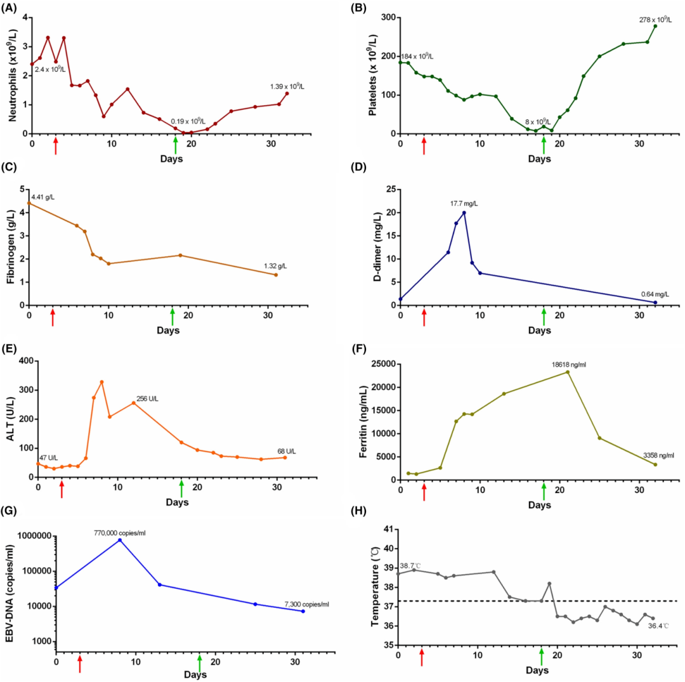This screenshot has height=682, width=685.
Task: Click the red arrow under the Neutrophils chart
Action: coord(56,146)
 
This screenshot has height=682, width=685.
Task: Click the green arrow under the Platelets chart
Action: coord(544,146)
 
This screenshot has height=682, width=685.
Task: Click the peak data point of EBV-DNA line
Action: coord(120,540)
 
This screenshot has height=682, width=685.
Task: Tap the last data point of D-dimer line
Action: coord(655,303)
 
